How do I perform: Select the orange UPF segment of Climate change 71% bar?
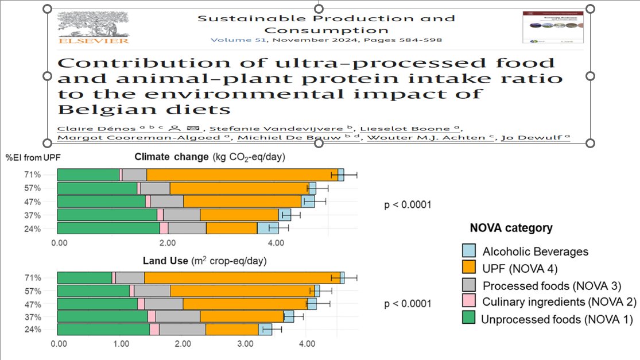pyautogui.click(x=242, y=175)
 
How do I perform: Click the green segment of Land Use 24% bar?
pyautogui.click(x=103, y=329)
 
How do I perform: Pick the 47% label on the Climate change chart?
pyautogui.click(x=32, y=202)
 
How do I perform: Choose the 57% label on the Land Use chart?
pyautogui.click(x=32, y=291)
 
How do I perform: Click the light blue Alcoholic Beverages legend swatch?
pyautogui.click(x=468, y=251)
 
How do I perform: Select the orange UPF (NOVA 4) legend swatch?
pyautogui.click(x=468, y=268)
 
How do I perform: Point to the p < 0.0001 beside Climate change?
pyautogui.click(x=408, y=204)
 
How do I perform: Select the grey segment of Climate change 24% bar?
pyautogui.click(x=187, y=228)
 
